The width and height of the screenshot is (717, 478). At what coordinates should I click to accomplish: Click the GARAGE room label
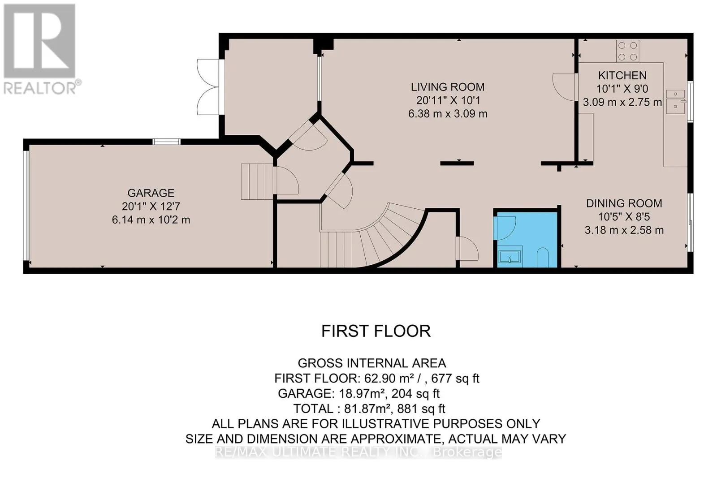(x=151, y=193)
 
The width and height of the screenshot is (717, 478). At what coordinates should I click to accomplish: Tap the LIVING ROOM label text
(x=448, y=87)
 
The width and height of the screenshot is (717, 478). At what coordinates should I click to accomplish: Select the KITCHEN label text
(x=622, y=76)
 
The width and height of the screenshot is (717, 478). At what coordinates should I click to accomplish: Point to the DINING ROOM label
(x=624, y=203)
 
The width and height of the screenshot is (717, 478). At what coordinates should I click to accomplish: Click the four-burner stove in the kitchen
(x=627, y=51)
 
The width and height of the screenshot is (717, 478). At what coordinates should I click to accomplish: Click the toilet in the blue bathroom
(x=543, y=258)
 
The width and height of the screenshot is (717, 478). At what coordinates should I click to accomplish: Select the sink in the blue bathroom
(x=510, y=257)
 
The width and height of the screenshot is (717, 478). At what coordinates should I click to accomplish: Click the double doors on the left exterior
(x=208, y=87)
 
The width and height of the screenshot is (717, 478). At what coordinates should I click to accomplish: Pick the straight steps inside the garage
(x=257, y=182)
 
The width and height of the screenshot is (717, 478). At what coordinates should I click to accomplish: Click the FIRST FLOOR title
(x=376, y=331)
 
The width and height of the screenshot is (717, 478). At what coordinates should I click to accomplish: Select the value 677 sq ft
(x=455, y=379)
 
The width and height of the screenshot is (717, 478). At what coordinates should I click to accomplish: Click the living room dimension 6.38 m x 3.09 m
(x=448, y=114)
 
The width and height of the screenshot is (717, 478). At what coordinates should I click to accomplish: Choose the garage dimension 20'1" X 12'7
(x=151, y=207)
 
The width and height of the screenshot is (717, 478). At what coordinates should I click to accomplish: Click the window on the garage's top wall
(x=166, y=142)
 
